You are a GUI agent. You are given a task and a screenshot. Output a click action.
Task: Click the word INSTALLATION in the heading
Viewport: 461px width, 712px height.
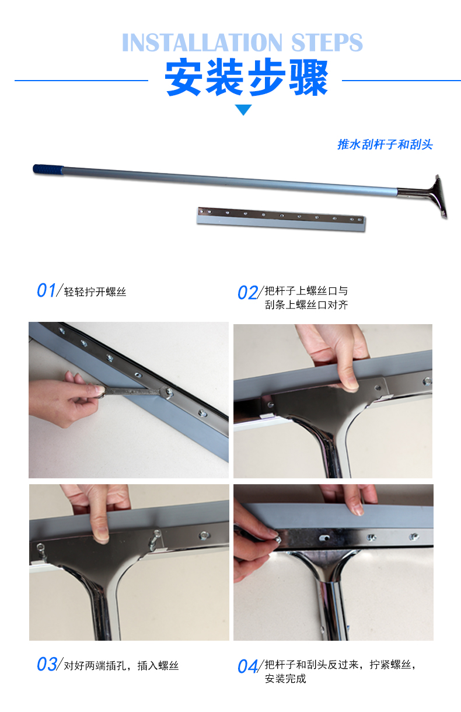[202, 42]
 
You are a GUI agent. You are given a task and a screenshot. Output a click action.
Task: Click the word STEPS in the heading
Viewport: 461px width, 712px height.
[327, 42]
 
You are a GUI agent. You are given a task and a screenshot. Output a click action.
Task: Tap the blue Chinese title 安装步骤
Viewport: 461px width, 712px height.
[246, 77]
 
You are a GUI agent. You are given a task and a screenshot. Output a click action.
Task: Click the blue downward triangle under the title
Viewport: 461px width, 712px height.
[243, 110]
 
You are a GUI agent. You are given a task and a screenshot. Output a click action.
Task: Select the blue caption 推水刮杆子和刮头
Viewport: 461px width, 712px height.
[385, 145]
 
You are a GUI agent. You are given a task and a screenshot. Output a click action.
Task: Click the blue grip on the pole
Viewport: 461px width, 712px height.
[48, 169]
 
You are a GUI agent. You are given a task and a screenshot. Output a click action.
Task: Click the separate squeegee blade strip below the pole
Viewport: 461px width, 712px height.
[281, 219]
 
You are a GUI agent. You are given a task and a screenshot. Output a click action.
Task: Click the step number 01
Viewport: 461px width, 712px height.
[46, 290]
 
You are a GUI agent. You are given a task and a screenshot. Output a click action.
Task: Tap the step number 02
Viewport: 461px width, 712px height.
[247, 293]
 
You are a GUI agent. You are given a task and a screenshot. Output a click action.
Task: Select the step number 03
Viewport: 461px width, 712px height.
[47, 664]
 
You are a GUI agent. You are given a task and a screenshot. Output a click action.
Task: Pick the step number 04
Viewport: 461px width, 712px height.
[247, 666]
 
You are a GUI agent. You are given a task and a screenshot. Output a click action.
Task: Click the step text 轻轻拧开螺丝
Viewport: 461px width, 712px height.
[95, 292]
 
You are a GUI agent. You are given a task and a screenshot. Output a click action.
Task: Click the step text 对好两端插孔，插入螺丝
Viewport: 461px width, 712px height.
[121, 666]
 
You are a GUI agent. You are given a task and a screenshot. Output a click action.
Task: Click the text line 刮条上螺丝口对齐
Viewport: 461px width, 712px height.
[306, 305]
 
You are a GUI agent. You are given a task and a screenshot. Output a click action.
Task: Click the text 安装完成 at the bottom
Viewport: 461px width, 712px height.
[285, 679]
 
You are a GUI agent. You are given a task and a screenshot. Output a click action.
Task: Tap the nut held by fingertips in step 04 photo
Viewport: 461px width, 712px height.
[278, 540]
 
